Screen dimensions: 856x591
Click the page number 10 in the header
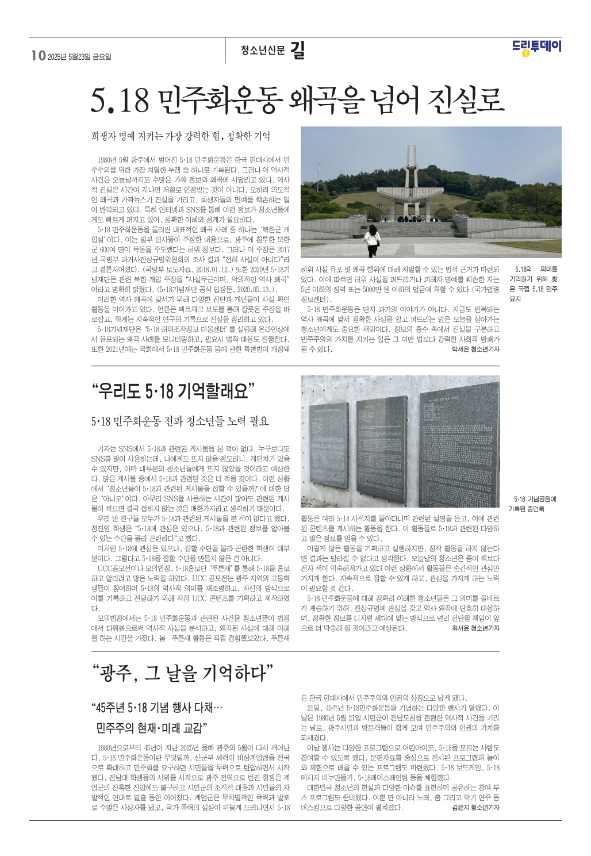[38, 56]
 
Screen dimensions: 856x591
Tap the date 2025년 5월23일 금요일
[80, 57]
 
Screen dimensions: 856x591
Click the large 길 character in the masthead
[297, 51]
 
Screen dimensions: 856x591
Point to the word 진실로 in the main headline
[466, 100]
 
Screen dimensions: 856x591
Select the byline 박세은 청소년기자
[476, 349]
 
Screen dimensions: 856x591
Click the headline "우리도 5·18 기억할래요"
[172, 391]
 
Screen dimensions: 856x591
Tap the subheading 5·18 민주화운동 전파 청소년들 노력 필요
[180, 421]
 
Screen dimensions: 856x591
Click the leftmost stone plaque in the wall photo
[329, 443]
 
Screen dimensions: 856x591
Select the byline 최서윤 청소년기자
[476, 628]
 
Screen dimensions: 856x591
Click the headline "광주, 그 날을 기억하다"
[183, 672]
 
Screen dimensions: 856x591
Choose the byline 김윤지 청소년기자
[476, 808]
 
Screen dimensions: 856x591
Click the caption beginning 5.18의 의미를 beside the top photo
[534, 284]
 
